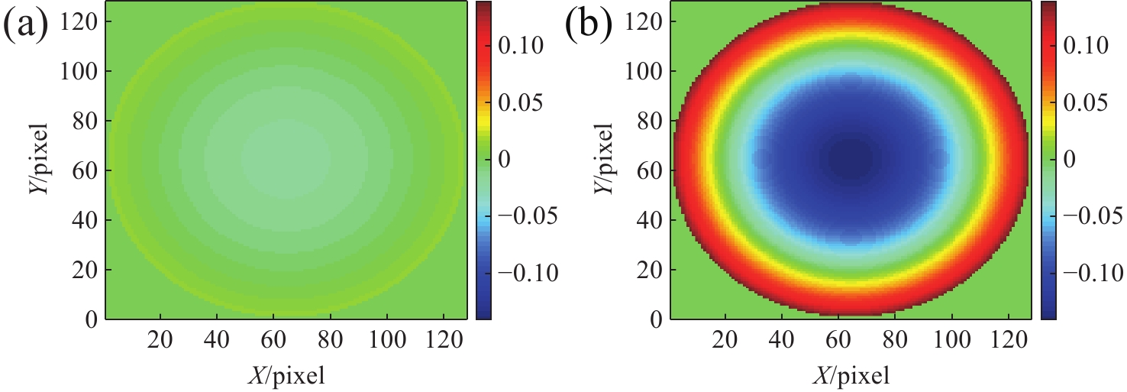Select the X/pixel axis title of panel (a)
click(x=286, y=374)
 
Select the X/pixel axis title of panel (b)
click(x=851, y=374)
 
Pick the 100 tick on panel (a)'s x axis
click(x=387, y=339)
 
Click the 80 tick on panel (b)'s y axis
click(x=646, y=121)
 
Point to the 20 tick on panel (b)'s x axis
click(x=725, y=339)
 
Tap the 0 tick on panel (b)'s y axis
click(x=654, y=319)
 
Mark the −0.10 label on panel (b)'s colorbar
click(x=1085, y=274)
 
